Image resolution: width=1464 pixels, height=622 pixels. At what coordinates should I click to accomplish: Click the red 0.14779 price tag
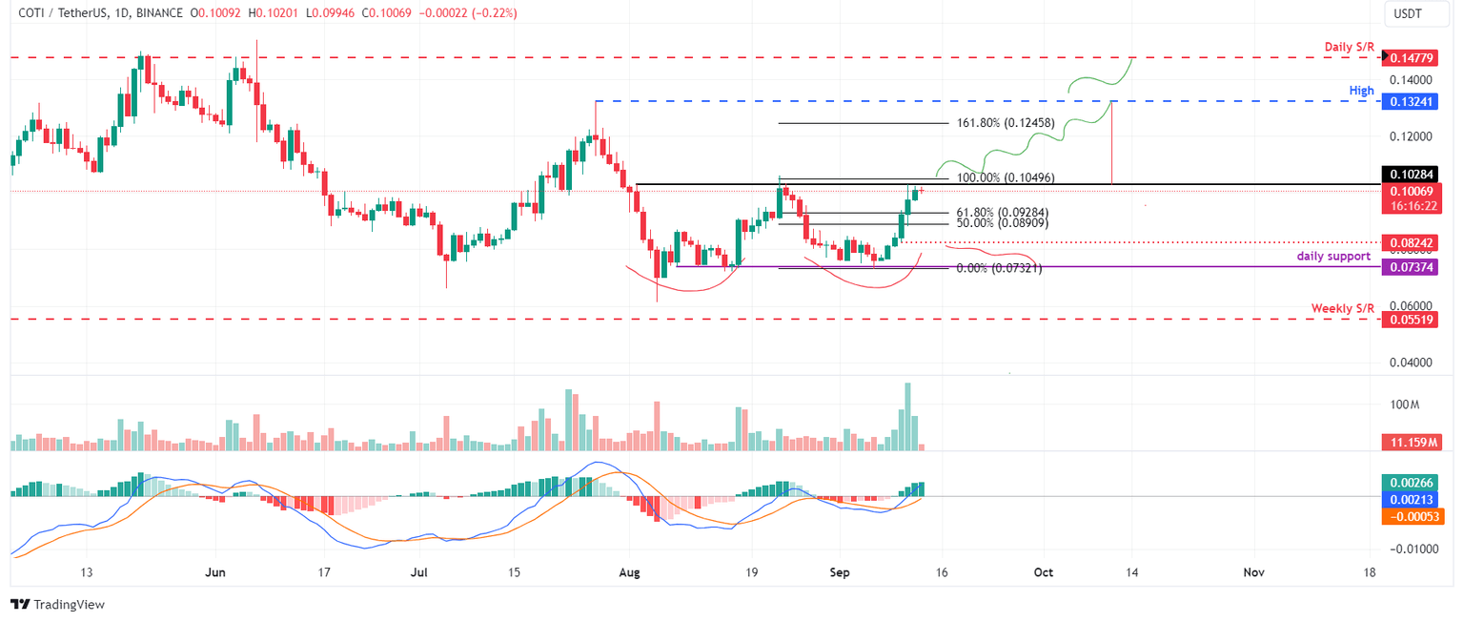tap(1412, 58)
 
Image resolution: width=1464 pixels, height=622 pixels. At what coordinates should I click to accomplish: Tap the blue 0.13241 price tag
tap(1412, 101)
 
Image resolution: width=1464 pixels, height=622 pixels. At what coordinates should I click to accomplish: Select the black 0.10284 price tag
tap(1412, 175)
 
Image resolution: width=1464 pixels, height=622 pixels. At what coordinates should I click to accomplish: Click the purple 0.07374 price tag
tap(1412, 269)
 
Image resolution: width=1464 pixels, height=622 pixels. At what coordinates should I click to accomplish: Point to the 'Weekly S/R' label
tap(1342, 308)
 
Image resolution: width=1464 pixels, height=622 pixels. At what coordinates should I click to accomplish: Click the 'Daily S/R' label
tap(1349, 47)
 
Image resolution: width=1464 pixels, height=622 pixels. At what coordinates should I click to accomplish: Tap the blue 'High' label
tap(1361, 91)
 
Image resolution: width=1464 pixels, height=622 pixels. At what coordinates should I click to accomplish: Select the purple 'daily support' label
tap(1333, 256)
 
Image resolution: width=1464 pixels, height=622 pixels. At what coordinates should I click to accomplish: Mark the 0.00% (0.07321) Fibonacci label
tap(998, 269)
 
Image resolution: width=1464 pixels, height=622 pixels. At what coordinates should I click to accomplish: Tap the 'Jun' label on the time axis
tap(215, 572)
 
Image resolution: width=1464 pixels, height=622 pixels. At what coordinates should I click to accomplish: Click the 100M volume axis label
tap(1404, 404)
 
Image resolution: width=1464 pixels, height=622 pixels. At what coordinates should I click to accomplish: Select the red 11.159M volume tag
tap(1412, 443)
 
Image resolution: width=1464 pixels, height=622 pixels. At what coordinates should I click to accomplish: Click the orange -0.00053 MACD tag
tap(1412, 516)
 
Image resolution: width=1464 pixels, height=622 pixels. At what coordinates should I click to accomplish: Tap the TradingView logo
tap(57, 605)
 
